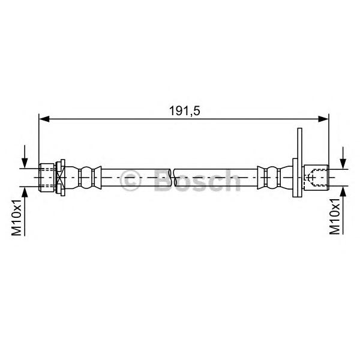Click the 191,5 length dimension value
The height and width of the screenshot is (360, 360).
click(185, 111)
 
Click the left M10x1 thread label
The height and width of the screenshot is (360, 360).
click(16, 217)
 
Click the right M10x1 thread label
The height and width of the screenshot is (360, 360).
click(335, 217)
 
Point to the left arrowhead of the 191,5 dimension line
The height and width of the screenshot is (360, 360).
click(44, 119)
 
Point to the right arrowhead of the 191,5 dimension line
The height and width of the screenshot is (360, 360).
click(323, 119)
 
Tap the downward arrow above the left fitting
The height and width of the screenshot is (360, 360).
click(25, 157)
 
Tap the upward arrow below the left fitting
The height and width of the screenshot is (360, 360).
click(25, 211)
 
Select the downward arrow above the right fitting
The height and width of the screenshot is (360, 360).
click(343, 158)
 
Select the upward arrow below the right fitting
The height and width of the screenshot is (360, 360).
click(343, 210)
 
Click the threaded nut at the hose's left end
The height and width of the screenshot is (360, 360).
click(47, 178)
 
